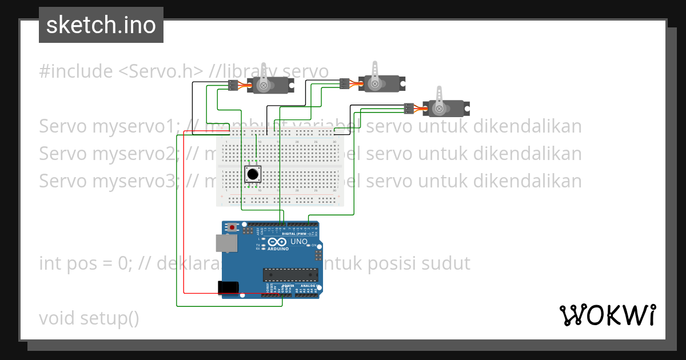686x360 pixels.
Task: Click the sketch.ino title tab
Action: coord(101,25)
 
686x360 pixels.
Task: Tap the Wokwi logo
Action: coord(607,315)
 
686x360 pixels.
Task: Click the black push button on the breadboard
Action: coord(253,174)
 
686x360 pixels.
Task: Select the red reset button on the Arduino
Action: coord(232,227)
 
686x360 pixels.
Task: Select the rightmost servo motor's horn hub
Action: coord(439,108)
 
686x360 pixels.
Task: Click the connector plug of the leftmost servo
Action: coord(232,86)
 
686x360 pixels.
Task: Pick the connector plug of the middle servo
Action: coord(344,84)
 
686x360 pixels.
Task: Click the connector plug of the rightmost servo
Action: coord(408,108)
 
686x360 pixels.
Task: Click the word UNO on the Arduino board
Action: coord(300,242)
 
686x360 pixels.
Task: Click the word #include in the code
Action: coord(76,71)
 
